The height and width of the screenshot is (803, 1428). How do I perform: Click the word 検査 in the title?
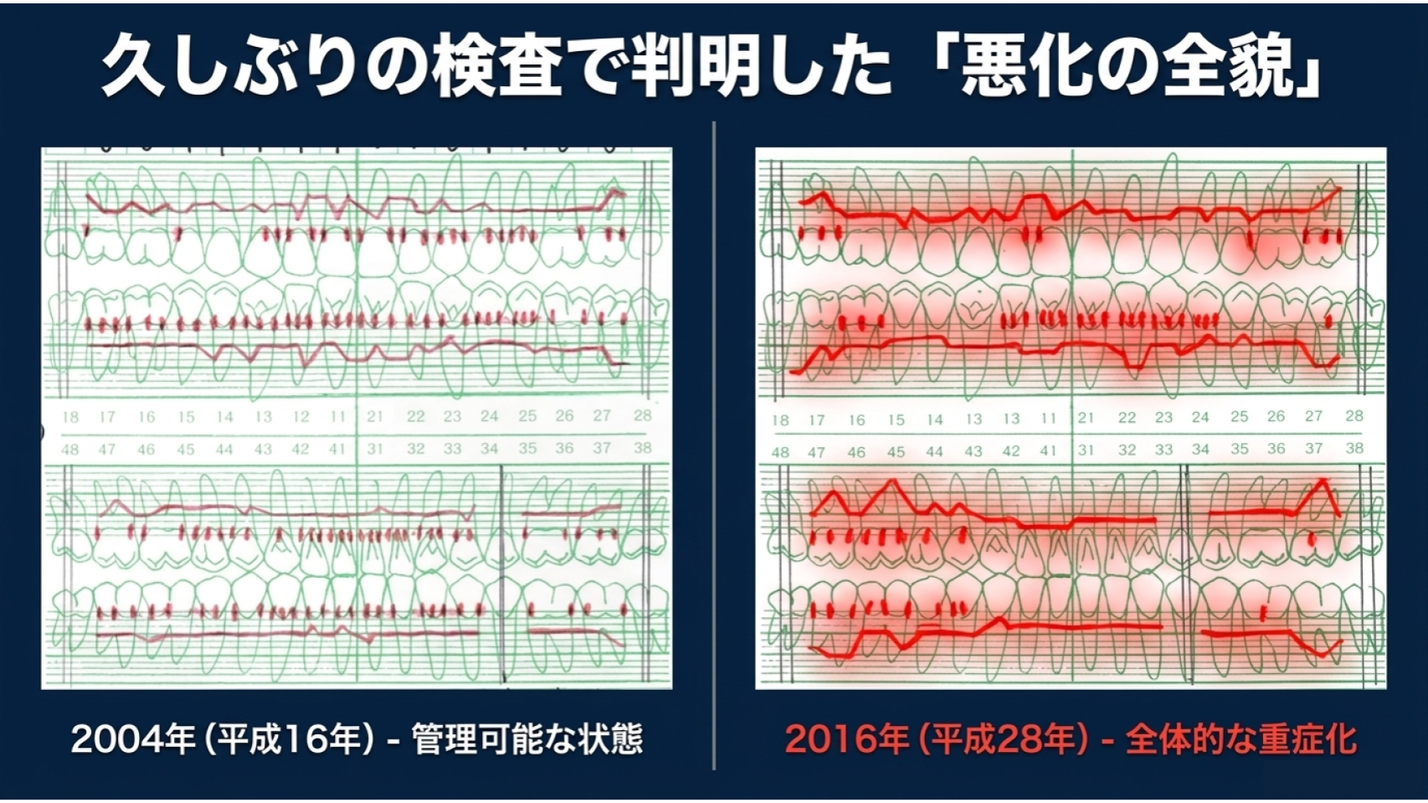(497, 67)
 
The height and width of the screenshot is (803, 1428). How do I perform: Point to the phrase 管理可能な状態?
(527, 740)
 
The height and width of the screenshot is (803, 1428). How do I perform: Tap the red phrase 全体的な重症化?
(1241, 740)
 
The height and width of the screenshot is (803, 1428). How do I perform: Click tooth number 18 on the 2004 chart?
(70, 418)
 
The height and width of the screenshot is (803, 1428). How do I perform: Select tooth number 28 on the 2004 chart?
(643, 416)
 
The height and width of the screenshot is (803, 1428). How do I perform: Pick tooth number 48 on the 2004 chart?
(70, 450)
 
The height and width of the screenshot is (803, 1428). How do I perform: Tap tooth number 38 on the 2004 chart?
(643, 448)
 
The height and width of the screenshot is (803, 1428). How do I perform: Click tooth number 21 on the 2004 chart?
(375, 416)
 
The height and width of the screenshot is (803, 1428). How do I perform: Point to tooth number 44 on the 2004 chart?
(224, 450)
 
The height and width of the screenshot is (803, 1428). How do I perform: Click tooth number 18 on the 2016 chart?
(780, 420)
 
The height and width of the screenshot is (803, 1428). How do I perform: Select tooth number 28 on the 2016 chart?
(1354, 416)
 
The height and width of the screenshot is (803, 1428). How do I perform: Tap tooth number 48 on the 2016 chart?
(780, 452)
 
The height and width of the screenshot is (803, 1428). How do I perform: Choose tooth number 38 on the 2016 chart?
(1354, 448)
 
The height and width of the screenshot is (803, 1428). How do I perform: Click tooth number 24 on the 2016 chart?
(1200, 417)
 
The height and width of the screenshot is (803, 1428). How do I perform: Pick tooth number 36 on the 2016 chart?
(1276, 448)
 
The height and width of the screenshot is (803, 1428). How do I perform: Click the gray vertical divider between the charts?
(714, 445)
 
